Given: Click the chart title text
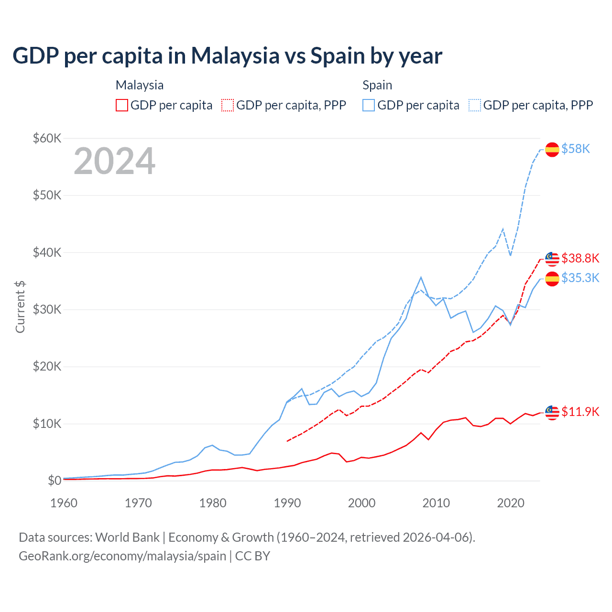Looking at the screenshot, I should tap(227, 56).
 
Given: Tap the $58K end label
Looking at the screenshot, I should tap(576, 149).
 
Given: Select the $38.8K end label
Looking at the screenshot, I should tap(580, 259).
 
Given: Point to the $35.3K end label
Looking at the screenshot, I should tap(580, 278).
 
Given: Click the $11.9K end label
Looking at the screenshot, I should tap(580, 412).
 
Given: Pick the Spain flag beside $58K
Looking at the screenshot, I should tap(552, 150).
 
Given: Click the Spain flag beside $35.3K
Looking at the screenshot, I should tap(552, 279).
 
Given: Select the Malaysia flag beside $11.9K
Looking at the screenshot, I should tap(552, 413).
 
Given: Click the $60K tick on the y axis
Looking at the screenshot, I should tap(47, 139).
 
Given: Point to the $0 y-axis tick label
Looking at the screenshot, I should tap(55, 481).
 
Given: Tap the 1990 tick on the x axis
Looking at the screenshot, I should tap(287, 503).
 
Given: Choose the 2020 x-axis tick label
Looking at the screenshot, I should tap(511, 503).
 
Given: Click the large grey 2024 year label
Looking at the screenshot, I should tap(114, 161).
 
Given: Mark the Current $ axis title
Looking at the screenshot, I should tap(20, 307).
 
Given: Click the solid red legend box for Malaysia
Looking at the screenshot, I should tap(122, 105).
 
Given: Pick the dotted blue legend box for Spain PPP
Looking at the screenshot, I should tap(475, 105).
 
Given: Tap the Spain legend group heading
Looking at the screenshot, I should tap(377, 85).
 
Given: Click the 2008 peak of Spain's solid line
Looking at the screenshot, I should tap(421, 277).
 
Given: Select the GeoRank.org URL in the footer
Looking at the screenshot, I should tap(122, 556).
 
